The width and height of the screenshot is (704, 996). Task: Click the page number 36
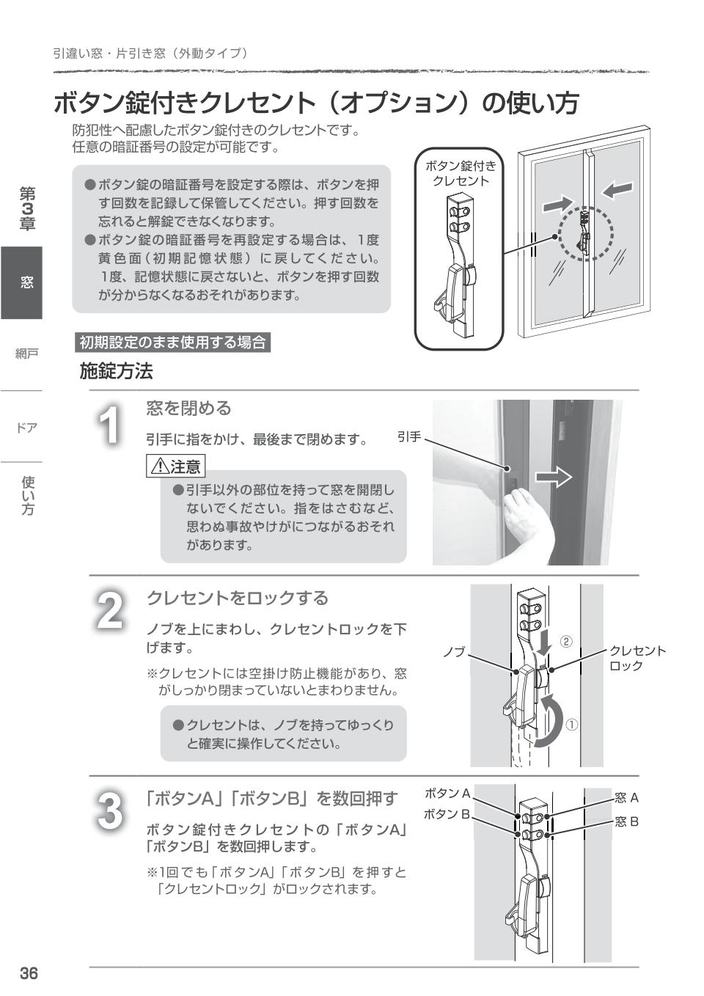coord(28,973)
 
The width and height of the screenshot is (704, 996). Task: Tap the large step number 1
coord(110,425)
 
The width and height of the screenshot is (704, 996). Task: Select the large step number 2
coord(110,610)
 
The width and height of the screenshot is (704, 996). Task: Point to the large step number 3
coord(110,811)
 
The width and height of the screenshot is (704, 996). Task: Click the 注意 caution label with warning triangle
coord(176,466)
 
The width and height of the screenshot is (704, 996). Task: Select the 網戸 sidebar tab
coord(26,354)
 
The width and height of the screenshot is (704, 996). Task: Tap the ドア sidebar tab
coord(26,428)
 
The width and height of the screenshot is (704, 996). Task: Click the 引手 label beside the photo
coord(409,437)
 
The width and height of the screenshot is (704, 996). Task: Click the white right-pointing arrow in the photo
coord(554,478)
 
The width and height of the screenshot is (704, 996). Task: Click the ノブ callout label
coord(454,651)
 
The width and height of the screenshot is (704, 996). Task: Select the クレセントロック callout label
coord(637,658)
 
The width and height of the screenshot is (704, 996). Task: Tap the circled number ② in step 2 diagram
coord(566,641)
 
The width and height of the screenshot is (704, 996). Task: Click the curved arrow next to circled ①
coord(549,722)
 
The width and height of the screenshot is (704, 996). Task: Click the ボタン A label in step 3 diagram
coord(447,793)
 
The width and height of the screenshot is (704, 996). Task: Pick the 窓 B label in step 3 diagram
coord(627,821)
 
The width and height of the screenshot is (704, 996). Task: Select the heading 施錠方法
coord(116,371)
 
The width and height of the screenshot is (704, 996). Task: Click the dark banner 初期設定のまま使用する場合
coord(172,342)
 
